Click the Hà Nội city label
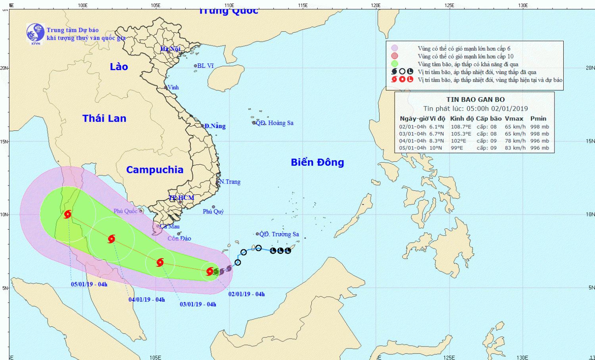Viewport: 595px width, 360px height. [x=171, y=49]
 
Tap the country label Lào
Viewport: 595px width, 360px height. [x=119, y=67]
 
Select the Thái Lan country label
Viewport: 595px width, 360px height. [x=104, y=118]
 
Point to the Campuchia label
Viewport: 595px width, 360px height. [x=155, y=170]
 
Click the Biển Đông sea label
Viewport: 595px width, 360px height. [x=317, y=162]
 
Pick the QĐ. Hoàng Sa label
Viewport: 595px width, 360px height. [x=274, y=123]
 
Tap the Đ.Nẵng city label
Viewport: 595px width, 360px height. [x=215, y=126]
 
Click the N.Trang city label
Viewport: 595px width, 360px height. [x=230, y=182]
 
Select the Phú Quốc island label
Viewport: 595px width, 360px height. [x=125, y=211]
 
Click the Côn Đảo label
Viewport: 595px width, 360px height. [x=179, y=238]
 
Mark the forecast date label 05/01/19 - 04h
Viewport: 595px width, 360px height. [x=89, y=284]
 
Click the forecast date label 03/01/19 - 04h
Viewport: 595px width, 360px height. [x=198, y=304]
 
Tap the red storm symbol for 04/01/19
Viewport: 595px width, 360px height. [x=111, y=239]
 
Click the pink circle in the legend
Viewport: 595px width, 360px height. [x=394, y=48]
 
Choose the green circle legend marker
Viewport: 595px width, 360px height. [x=394, y=64]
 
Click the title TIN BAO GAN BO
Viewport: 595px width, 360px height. [x=476, y=100]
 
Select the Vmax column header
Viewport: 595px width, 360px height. [x=514, y=119]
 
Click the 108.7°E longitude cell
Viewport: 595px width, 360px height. [x=461, y=127]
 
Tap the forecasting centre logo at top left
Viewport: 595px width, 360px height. [x=35, y=33]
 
